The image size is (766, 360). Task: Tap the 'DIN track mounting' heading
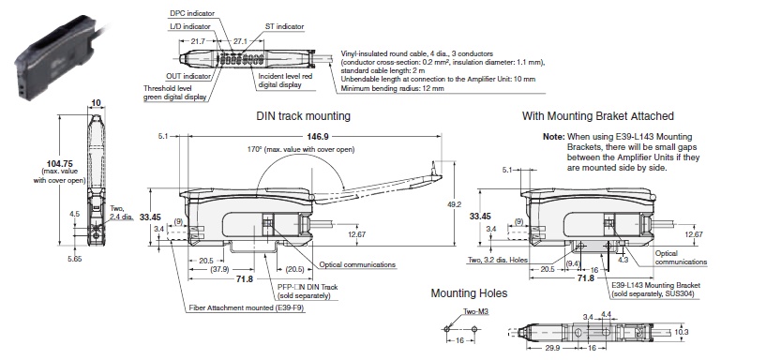[304, 116]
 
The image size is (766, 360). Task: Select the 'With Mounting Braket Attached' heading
[598, 116]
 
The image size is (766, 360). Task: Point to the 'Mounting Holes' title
[469, 293]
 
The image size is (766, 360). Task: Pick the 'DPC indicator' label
[192, 14]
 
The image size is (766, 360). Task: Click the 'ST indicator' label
[284, 26]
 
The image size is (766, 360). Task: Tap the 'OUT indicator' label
[188, 76]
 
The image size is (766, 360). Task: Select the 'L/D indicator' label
[189, 26]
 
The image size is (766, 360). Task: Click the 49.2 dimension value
[454, 204]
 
